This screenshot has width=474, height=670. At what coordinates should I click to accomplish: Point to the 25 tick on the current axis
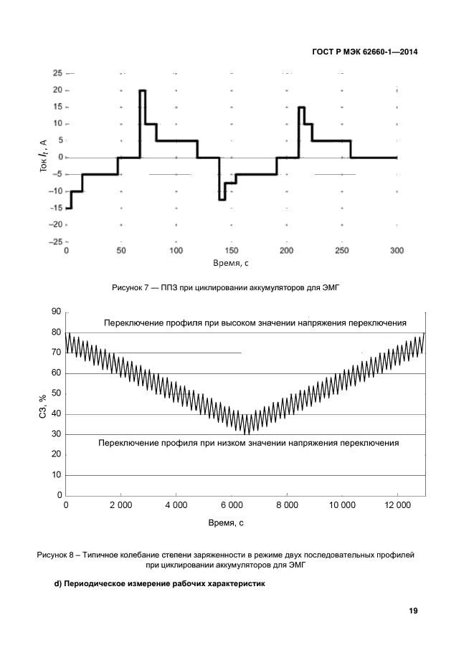[x=57, y=73]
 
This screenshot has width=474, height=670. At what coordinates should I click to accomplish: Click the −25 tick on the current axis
[x=54, y=242]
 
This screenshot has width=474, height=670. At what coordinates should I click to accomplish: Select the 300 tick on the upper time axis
[x=397, y=251]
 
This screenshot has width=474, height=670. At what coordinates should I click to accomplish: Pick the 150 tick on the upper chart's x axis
[x=232, y=251]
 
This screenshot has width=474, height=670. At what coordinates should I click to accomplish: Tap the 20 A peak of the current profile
[x=143, y=91]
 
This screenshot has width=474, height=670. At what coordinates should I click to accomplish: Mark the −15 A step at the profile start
[x=68, y=208]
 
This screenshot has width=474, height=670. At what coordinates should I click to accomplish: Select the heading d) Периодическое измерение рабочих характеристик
[x=160, y=584]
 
